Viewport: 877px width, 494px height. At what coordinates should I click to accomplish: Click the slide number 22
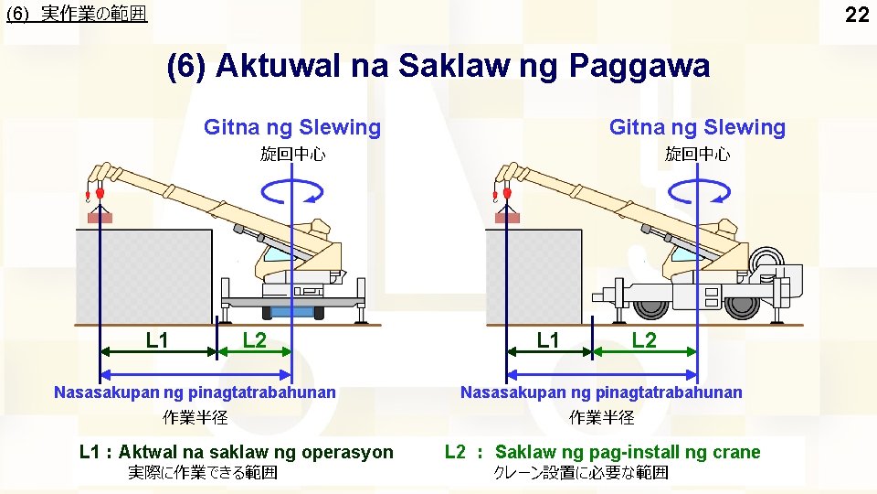pyautogui.click(x=856, y=15)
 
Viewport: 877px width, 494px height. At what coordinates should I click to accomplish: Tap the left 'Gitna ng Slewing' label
pyautogui.click(x=292, y=127)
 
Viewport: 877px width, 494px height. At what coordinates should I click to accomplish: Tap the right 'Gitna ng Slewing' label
pyautogui.click(x=697, y=127)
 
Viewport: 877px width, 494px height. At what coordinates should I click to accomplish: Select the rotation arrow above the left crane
pyautogui.click(x=291, y=190)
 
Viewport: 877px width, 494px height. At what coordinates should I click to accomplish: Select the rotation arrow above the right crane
pyautogui.click(x=698, y=190)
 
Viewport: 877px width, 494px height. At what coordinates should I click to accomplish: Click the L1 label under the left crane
pyautogui.click(x=157, y=341)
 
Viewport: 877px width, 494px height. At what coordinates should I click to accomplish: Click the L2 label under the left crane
pyautogui.click(x=255, y=341)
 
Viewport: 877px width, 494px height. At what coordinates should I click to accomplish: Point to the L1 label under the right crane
pyautogui.click(x=548, y=341)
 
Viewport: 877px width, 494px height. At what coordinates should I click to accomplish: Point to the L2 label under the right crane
pyautogui.click(x=644, y=341)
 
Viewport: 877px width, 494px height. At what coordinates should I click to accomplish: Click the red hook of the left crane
pyautogui.click(x=99, y=195)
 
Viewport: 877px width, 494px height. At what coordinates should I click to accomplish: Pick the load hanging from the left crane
pyautogui.click(x=99, y=218)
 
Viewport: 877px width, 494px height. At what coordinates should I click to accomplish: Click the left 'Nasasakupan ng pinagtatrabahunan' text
pyautogui.click(x=195, y=392)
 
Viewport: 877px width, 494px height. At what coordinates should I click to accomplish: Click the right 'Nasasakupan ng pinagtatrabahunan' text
pyautogui.click(x=601, y=392)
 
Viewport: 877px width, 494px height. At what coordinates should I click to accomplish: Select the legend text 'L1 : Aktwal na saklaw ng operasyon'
pyautogui.click(x=237, y=452)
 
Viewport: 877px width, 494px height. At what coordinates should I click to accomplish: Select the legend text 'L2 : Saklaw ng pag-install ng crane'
pyautogui.click(x=602, y=452)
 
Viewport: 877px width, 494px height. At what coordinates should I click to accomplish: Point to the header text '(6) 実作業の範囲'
pyautogui.click(x=76, y=15)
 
